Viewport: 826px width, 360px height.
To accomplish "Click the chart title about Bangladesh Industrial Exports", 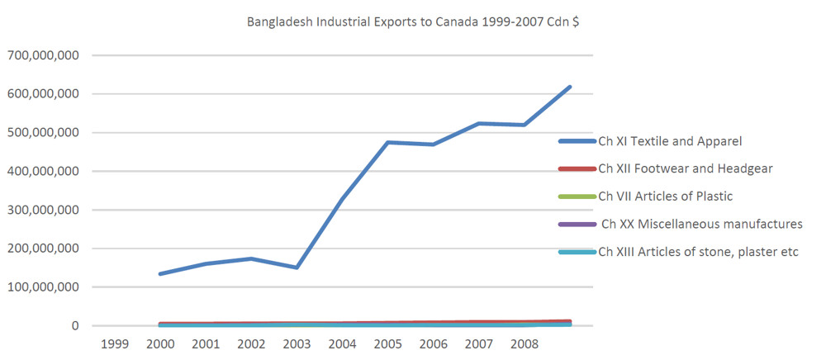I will click(x=413, y=21).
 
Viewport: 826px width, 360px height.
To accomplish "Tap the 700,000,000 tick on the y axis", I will click(x=43, y=55).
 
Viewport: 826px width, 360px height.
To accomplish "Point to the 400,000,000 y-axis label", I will click(x=43, y=171).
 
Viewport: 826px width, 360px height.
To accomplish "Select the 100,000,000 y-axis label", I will click(x=43, y=287).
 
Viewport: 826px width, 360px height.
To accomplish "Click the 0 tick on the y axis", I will click(x=75, y=326).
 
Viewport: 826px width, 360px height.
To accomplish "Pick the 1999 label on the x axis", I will click(x=114, y=343).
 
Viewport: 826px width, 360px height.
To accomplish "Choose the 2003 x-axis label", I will click(x=297, y=343).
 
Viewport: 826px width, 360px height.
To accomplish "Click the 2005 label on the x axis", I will click(x=387, y=343).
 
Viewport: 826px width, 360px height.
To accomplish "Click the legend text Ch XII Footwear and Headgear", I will click(x=686, y=169).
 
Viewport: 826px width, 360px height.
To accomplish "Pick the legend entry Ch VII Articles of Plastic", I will click(x=665, y=197).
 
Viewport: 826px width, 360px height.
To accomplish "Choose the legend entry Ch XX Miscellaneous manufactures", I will click(x=701, y=224).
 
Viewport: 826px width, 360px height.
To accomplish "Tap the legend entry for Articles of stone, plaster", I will click(x=698, y=252).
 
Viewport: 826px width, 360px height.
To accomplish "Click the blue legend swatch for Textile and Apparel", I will click(x=577, y=142).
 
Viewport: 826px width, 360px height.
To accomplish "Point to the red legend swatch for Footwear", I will click(x=577, y=169).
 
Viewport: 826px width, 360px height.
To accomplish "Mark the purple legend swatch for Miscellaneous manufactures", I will click(x=577, y=224).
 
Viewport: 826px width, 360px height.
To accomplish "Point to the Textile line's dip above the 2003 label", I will click(x=297, y=268).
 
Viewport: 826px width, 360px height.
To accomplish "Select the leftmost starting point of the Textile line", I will click(x=160, y=273).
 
